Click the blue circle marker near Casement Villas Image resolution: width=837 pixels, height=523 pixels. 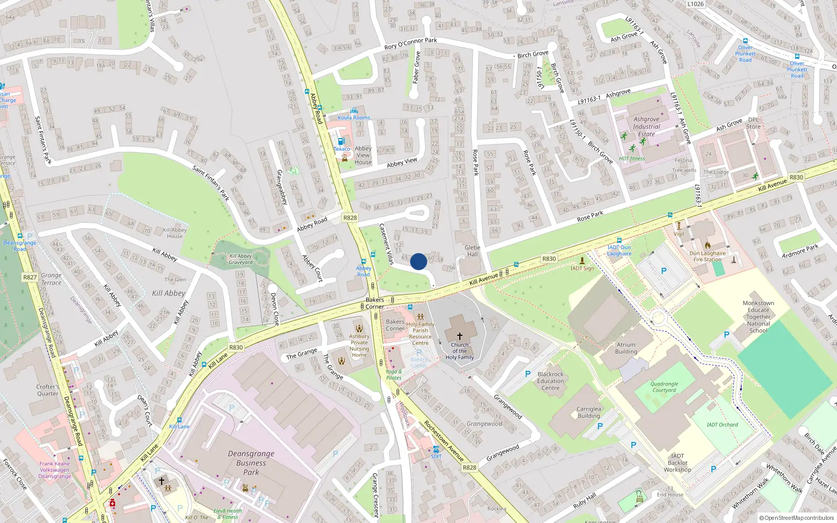[x=418, y=261]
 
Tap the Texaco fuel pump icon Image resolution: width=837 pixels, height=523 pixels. [x=341, y=141]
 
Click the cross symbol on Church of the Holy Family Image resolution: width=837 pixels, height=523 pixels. [x=460, y=336]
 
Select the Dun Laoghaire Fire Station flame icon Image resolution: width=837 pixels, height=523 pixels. [x=707, y=245]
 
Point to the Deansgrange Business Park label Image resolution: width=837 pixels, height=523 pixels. [x=251, y=463]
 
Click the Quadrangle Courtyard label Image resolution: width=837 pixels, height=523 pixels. [x=664, y=387]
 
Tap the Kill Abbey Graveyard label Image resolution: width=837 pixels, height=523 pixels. [x=241, y=259]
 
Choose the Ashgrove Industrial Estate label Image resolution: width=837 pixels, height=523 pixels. [x=647, y=127]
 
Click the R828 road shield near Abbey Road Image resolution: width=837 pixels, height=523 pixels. [x=350, y=218]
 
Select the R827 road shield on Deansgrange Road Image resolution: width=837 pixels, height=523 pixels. [x=30, y=277]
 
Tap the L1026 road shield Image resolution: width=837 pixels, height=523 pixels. [x=695, y=4]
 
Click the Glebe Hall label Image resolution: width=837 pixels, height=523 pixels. [x=472, y=251]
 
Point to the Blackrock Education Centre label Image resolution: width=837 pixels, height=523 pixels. [x=550, y=381]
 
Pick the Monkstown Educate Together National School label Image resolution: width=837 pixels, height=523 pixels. [x=758, y=317]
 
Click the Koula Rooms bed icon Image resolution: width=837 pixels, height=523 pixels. [x=354, y=111]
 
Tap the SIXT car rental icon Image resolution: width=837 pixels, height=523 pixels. [x=436, y=449]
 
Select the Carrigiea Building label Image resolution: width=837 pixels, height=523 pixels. [x=589, y=413]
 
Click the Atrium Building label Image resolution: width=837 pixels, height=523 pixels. [x=626, y=348]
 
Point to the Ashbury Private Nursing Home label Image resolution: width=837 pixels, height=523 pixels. [x=359, y=346]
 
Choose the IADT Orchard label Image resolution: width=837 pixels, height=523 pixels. [x=722, y=425]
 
